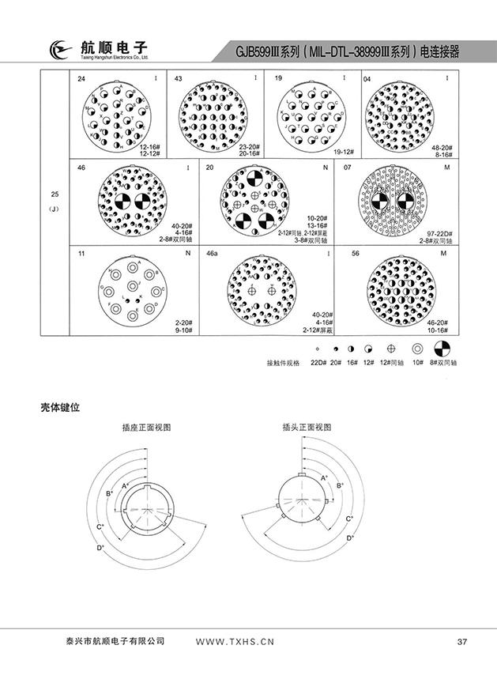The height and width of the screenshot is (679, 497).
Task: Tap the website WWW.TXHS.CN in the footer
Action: (x=234, y=641)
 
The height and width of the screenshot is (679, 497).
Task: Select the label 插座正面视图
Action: (x=147, y=426)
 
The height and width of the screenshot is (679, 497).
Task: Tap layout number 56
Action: (x=355, y=255)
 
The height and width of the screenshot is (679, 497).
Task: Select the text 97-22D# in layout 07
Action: (x=439, y=233)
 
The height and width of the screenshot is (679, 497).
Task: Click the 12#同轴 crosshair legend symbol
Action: (x=390, y=349)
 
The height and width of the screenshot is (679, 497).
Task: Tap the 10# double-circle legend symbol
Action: (x=417, y=349)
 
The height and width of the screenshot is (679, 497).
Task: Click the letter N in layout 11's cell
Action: (x=187, y=255)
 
